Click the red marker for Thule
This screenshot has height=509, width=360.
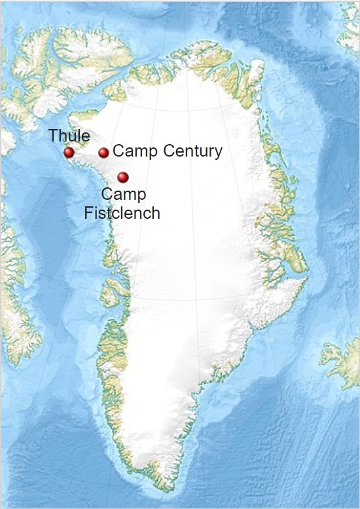69,153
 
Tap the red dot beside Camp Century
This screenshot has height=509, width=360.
103,153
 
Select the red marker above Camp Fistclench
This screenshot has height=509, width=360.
123,177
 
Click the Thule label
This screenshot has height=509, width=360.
69,137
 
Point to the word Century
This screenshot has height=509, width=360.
189,151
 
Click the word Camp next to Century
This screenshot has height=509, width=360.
134,151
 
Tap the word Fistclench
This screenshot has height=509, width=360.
122,213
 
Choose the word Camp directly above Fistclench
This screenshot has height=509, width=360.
124,195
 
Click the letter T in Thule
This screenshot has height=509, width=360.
52,137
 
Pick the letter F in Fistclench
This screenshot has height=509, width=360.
89,213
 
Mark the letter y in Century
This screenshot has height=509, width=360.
218,153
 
